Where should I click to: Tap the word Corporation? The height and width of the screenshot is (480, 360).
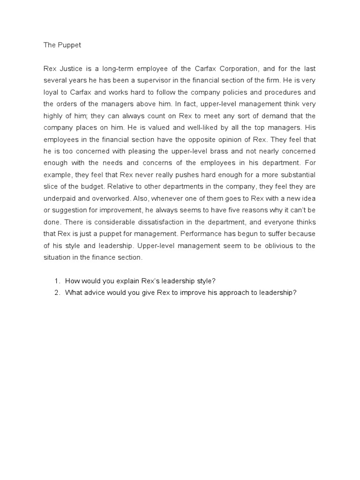(x=221, y=67)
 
